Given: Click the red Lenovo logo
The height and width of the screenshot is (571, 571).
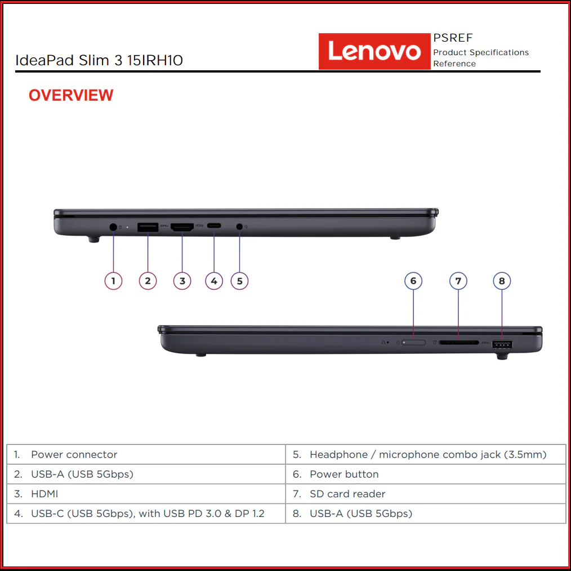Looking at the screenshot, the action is (x=374, y=51).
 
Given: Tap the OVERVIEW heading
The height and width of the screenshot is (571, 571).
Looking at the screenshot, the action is (x=71, y=96).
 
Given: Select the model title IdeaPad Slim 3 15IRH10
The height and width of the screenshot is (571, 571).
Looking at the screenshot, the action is (x=99, y=60).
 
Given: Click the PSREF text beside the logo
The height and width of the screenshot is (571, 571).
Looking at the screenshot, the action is (x=453, y=38).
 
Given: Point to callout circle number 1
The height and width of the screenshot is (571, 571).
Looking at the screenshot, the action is (x=113, y=281).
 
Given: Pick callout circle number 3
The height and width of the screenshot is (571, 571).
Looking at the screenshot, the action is (x=182, y=281).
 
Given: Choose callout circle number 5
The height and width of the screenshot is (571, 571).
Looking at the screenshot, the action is (x=239, y=281).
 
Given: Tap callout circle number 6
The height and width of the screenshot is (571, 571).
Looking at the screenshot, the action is (x=413, y=281).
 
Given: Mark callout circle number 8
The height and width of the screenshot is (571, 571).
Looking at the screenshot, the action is (x=502, y=281).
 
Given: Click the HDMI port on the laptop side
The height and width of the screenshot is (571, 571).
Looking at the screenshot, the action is (x=182, y=227).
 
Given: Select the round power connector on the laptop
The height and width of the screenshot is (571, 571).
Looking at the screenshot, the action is (x=113, y=227).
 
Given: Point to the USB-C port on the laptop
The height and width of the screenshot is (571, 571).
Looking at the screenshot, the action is (x=214, y=226).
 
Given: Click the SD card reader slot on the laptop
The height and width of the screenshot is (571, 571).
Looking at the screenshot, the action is (x=459, y=343).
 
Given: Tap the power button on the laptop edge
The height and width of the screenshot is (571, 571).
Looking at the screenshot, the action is (x=413, y=343).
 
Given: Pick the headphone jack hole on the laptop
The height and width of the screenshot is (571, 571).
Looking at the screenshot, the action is (x=239, y=227).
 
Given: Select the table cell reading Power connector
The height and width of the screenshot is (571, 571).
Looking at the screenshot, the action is (x=146, y=454).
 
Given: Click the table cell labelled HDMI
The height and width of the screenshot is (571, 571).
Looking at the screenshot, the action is (x=146, y=494).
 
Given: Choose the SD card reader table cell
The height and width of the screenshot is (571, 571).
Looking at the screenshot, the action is (x=426, y=494).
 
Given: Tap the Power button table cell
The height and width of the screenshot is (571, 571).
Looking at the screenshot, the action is (x=426, y=474).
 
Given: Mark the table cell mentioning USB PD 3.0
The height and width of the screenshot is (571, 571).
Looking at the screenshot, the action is (x=146, y=514).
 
